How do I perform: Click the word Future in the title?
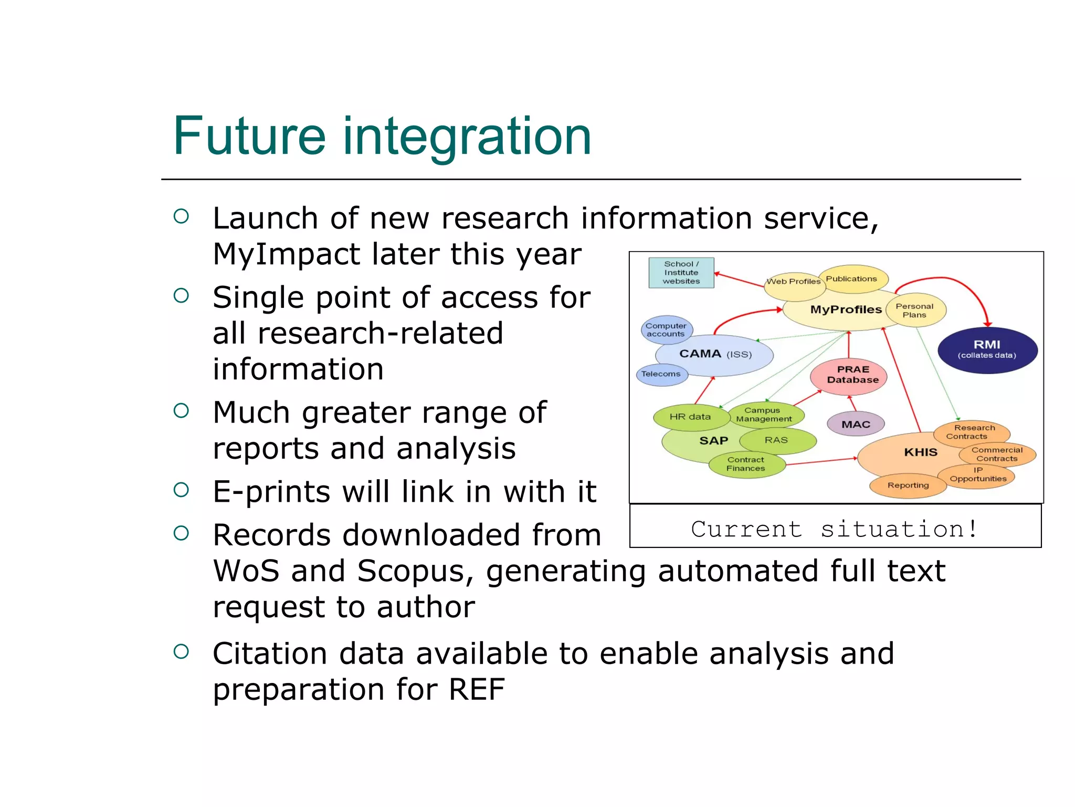249,137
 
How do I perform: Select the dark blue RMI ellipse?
987,350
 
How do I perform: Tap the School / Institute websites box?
681,273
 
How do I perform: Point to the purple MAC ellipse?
856,424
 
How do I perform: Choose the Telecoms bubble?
661,374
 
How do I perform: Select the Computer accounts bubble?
667,329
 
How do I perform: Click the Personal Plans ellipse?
915,311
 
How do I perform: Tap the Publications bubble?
852,279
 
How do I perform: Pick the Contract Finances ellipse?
746,464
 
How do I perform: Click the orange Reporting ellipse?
908,485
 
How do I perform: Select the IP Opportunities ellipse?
977,475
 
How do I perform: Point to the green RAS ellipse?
777,440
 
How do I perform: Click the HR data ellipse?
690,417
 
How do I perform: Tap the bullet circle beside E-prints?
181,490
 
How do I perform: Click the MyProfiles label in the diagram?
846,310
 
